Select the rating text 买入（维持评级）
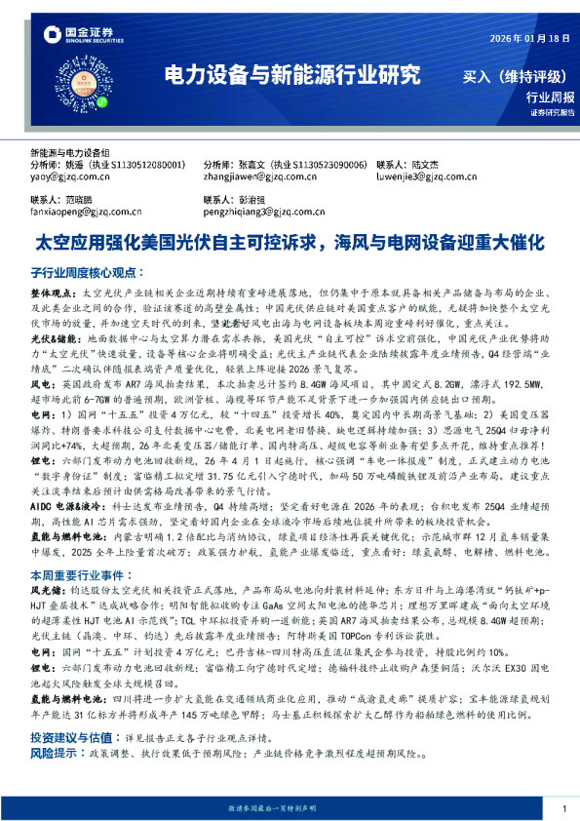click(509, 75)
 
